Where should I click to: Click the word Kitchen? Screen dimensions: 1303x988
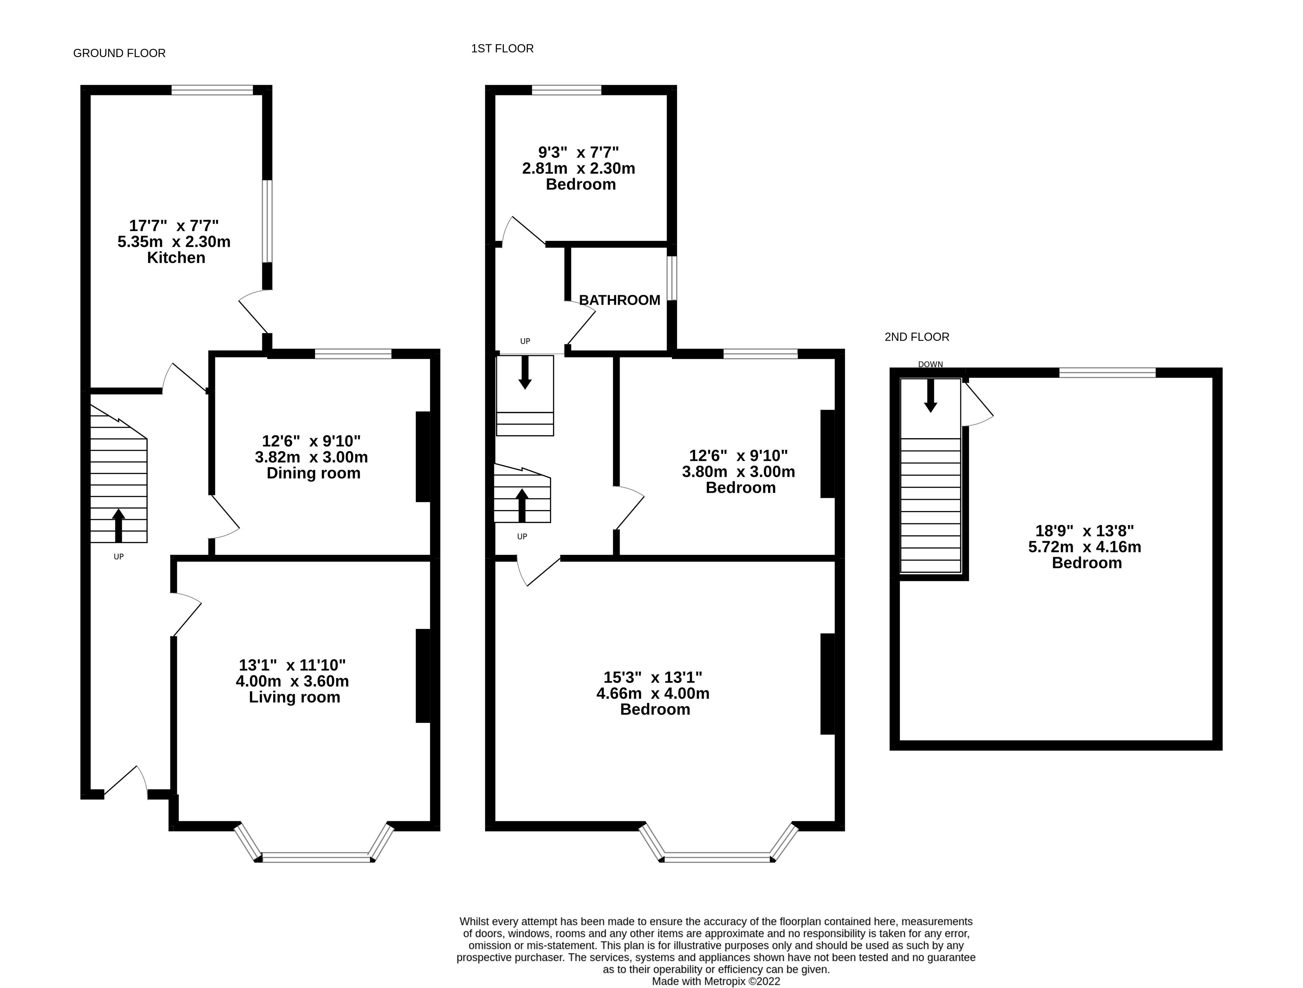click(x=176, y=258)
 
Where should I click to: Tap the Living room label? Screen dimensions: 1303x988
click(x=295, y=697)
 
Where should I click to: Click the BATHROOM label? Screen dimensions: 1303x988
click(x=620, y=300)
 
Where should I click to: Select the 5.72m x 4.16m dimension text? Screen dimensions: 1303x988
click(x=1084, y=547)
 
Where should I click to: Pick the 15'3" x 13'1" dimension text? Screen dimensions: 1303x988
click(x=653, y=677)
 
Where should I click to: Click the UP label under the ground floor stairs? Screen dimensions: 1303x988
click(x=118, y=556)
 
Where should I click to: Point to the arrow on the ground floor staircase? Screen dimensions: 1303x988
click(x=118, y=526)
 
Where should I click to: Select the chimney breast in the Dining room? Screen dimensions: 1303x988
click(x=423, y=457)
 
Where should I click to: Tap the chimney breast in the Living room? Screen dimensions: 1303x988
click(x=423, y=676)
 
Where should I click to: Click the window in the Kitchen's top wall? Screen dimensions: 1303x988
click(x=212, y=90)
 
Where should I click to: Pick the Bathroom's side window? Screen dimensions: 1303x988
click(x=672, y=278)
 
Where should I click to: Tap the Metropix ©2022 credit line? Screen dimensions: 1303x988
click(x=716, y=981)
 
